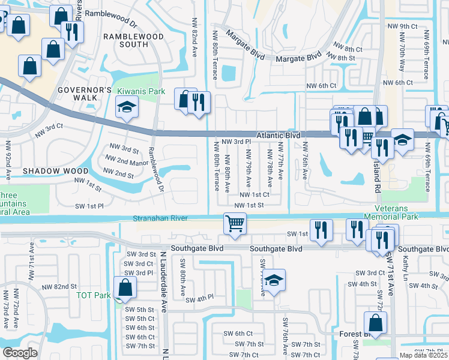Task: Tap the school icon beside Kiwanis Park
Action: (x=127, y=108)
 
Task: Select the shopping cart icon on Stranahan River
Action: (x=235, y=224)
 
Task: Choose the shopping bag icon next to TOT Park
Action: (x=124, y=289)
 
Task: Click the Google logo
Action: (x=20, y=352)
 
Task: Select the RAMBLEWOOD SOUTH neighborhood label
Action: (x=125, y=40)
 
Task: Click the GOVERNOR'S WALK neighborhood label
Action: (x=85, y=94)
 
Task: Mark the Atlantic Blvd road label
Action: (x=279, y=136)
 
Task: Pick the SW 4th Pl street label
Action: (x=200, y=300)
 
